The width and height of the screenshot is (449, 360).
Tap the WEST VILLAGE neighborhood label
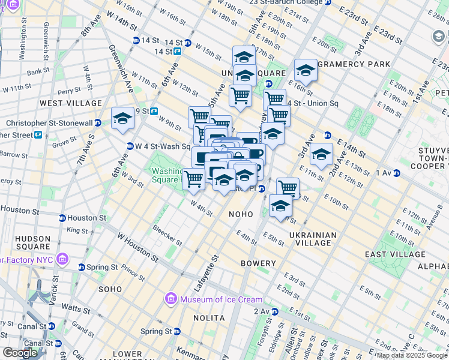[x=71, y=103]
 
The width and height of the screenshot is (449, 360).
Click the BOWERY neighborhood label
[x=258, y=263]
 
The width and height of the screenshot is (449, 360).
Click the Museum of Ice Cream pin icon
[x=170, y=299]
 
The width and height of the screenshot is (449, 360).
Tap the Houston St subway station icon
[x=62, y=218]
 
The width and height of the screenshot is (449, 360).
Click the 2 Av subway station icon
[x=274, y=311]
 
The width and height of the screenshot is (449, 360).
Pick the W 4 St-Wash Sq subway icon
[x=130, y=146]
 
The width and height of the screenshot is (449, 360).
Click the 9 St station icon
[x=154, y=111]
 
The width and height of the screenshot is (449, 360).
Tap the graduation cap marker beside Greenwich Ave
[x=122, y=118]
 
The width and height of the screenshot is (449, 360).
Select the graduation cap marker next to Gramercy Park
[x=306, y=70]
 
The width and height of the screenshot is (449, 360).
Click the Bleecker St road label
[x=167, y=236]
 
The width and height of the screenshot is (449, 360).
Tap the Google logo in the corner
[x=20, y=353]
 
